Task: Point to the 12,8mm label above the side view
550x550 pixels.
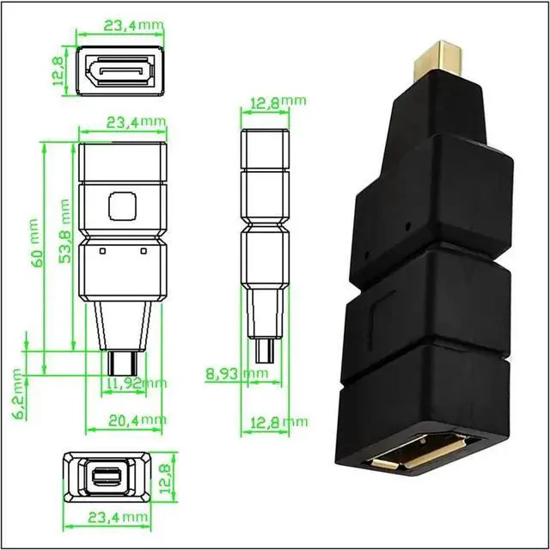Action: tap(276, 103)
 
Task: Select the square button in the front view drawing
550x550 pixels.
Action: tap(121, 205)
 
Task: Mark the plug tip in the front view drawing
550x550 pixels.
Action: tap(121, 361)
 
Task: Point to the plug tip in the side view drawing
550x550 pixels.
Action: tap(266, 351)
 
